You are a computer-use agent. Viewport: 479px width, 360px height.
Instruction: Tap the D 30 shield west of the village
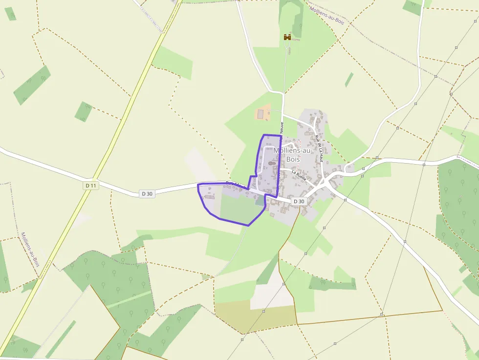point(147,193)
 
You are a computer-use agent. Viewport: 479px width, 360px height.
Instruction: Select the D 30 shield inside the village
point(299,201)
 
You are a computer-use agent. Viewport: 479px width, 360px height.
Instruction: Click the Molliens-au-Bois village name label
point(293,155)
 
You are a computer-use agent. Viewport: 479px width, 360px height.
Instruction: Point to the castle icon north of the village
point(287,37)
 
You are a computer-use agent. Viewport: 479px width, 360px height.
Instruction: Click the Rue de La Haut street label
point(320,148)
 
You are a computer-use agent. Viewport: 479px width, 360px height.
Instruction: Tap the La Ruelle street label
point(299,175)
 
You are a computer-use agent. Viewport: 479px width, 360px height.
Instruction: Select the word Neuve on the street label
point(282,127)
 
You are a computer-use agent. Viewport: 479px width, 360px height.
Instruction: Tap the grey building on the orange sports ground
point(260,114)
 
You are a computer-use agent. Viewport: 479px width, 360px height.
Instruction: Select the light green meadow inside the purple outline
point(239,208)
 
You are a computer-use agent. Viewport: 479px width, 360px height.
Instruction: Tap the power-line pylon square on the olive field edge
point(264,310)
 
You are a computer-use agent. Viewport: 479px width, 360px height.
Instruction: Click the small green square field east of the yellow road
point(84,112)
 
